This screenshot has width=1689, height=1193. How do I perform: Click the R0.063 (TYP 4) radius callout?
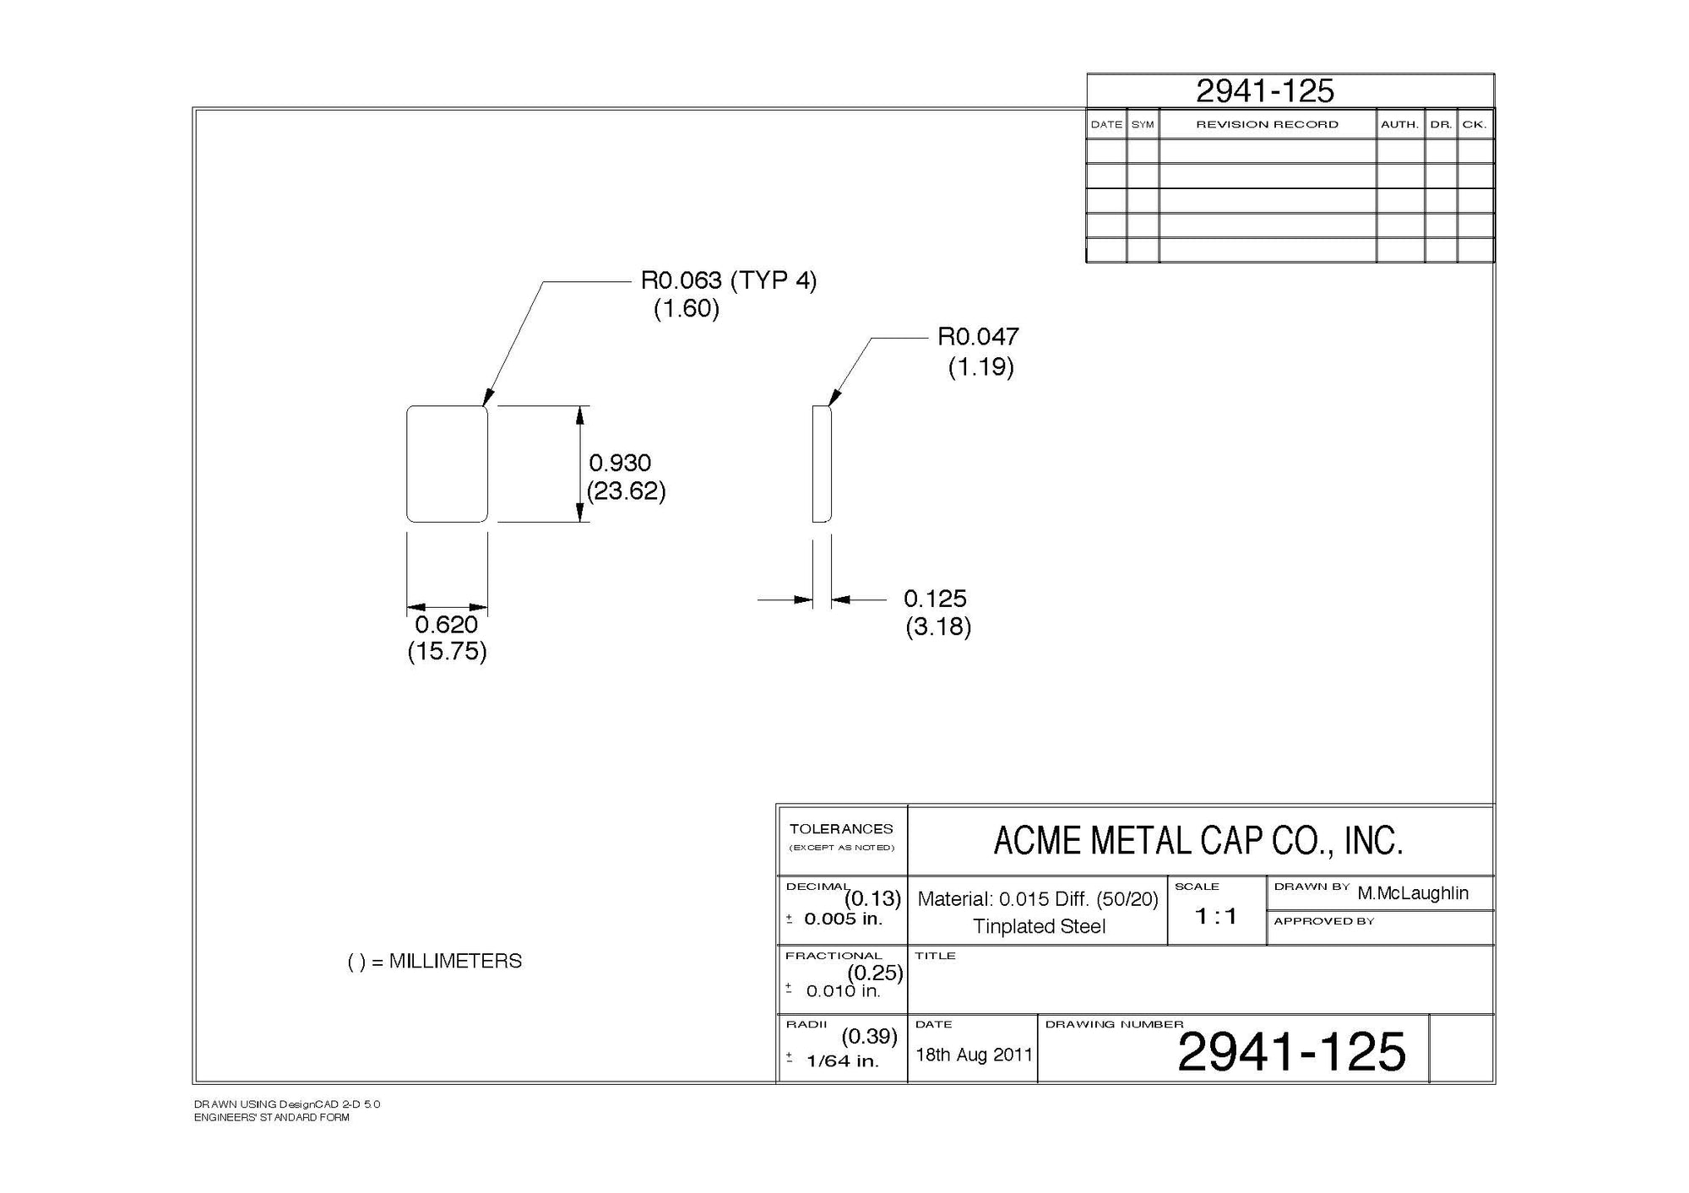(x=728, y=280)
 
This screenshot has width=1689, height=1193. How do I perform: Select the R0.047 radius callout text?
(x=978, y=337)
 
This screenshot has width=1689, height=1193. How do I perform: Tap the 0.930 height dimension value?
(x=620, y=463)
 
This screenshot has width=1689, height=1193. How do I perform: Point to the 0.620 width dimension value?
(x=446, y=625)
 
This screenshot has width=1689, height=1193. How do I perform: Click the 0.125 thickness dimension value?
(x=935, y=599)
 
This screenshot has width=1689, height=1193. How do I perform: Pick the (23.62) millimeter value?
(x=626, y=491)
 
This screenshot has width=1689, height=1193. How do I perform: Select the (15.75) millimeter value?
(x=447, y=652)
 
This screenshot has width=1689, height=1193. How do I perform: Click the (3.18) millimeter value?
(x=937, y=627)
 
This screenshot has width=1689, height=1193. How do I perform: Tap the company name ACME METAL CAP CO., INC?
(x=1198, y=841)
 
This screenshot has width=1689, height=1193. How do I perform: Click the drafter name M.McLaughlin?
(x=1413, y=893)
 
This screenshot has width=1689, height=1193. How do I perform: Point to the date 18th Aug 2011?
(x=974, y=1055)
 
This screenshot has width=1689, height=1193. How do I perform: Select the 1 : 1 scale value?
(x=1215, y=916)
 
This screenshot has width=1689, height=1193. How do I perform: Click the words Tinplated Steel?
(x=1039, y=926)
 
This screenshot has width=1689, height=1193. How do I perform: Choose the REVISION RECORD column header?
(x=1267, y=125)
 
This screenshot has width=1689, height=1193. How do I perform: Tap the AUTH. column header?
(x=1399, y=125)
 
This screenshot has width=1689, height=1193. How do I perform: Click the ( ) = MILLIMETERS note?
(x=435, y=962)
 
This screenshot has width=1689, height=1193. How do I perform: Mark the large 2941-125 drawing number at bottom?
(x=1291, y=1052)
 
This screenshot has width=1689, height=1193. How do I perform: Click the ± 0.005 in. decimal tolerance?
(x=836, y=919)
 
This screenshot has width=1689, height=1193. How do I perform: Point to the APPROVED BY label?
(x=1323, y=921)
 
